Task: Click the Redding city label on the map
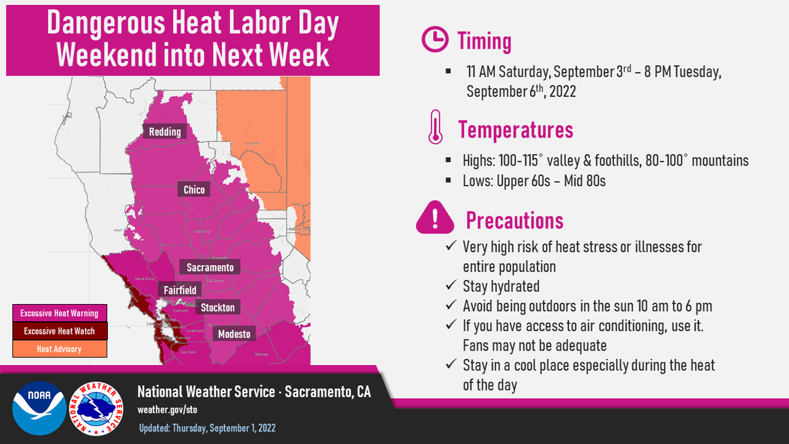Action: [x=165, y=132]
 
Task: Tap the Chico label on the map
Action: [x=194, y=189]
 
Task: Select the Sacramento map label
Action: [x=210, y=267]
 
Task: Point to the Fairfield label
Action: [x=180, y=290]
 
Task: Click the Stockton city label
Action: [x=217, y=307]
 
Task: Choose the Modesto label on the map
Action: [x=233, y=334]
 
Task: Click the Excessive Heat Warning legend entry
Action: [x=60, y=313]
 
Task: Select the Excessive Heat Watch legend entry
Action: [x=60, y=331]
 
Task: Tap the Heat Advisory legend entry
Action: [x=60, y=349]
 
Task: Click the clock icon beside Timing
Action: [x=435, y=41]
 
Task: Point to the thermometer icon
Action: [x=435, y=127]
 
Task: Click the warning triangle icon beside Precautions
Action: [x=435, y=217]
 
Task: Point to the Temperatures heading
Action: [x=516, y=130]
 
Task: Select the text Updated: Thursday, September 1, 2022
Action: [x=207, y=428]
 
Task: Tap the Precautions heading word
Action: [x=514, y=220]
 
